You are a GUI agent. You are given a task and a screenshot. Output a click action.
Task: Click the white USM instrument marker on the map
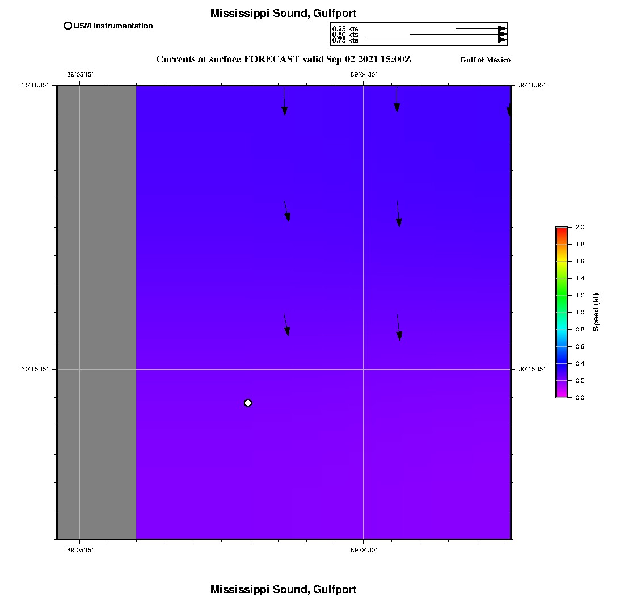click(247, 403)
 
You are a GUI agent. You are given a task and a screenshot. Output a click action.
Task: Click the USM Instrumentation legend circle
click(68, 26)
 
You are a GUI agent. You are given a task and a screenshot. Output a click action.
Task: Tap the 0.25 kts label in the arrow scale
click(345, 29)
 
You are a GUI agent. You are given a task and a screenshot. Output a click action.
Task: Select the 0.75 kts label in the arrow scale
click(345, 40)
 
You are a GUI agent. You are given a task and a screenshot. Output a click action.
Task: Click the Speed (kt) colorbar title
click(596, 312)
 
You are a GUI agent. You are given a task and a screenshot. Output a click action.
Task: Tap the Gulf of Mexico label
click(485, 60)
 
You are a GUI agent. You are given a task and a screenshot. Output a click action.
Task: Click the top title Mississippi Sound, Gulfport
click(283, 14)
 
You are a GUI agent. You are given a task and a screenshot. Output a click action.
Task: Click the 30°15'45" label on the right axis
click(532, 369)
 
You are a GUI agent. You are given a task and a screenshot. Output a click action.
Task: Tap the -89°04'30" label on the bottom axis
click(363, 550)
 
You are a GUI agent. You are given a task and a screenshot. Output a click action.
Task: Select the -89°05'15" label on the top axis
click(79, 74)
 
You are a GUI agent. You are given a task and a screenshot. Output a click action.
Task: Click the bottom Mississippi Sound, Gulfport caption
click(283, 589)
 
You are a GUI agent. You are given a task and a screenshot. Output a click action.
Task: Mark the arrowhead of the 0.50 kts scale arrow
click(503, 35)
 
